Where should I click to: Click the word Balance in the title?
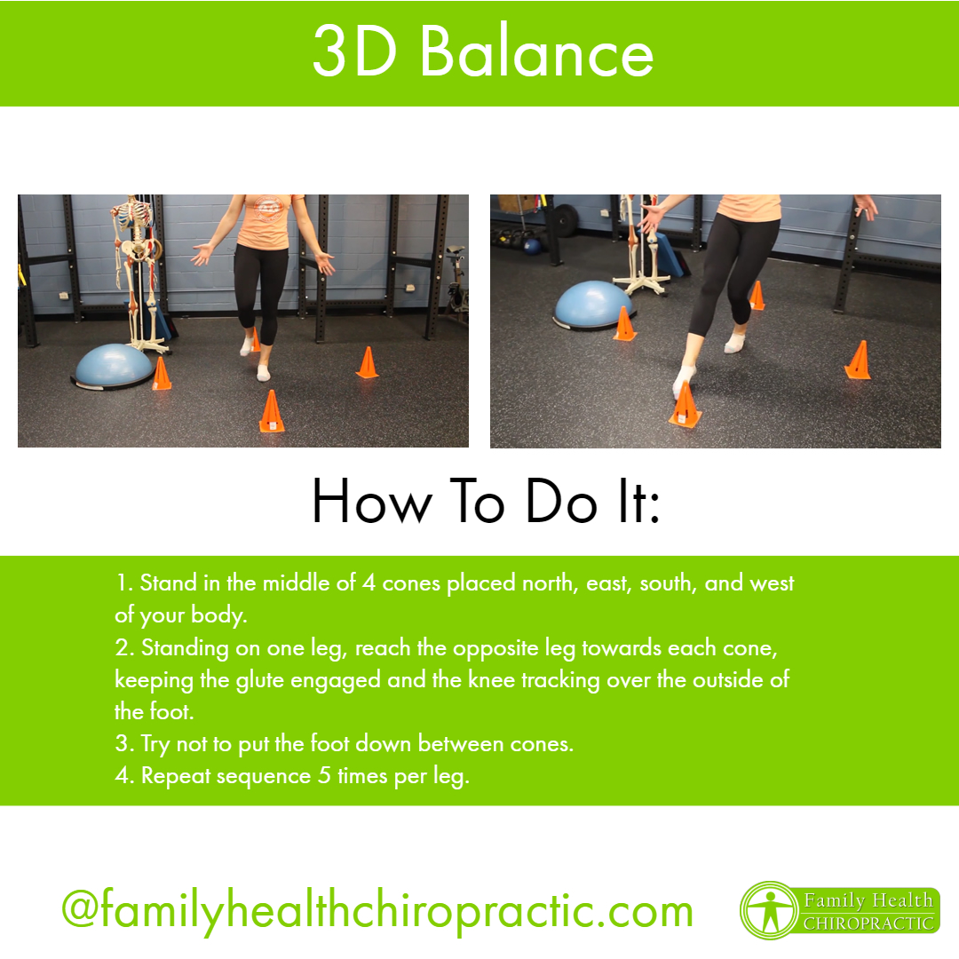point(537,52)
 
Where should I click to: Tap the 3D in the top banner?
point(354,52)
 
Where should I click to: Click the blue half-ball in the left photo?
point(113,366)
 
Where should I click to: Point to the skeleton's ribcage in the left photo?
point(132,217)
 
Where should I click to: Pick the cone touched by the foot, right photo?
point(685,405)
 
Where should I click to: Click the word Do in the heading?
point(561,502)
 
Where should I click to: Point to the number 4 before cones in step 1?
point(369,583)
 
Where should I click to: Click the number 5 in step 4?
point(324,775)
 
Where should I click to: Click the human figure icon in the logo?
point(771,911)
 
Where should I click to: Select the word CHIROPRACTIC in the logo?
point(868,923)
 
